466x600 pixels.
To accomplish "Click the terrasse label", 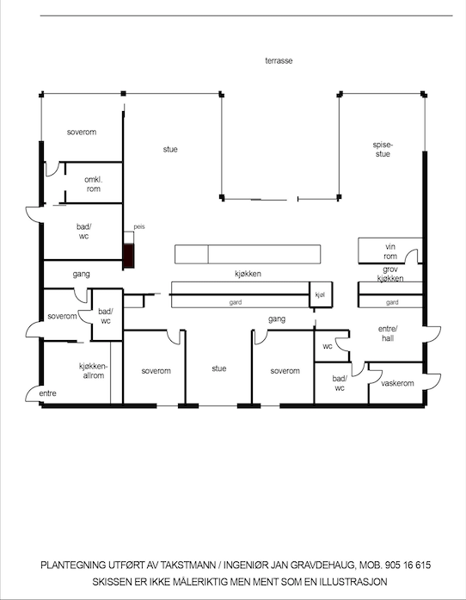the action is tap(279, 60).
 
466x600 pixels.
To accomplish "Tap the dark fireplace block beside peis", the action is tap(128, 256).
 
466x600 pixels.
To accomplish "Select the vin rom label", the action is tap(390, 251).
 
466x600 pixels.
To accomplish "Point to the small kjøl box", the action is tap(321, 294).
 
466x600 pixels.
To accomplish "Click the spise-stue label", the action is tap(383, 149).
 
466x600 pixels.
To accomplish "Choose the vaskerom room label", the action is tap(397, 383).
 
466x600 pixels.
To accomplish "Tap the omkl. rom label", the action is tap(94, 184).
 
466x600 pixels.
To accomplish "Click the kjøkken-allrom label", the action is tap(92, 371).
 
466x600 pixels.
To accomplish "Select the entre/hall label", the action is tap(388, 333).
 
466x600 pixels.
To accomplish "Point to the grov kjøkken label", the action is tap(390, 274).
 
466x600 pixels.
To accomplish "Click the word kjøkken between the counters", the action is tap(248, 274).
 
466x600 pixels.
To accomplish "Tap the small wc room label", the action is tap(328, 346).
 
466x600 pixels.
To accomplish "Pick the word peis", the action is tap(139, 226).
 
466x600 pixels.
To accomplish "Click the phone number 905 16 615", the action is tap(408, 565).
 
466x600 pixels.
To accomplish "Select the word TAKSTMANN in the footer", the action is tap(187, 565).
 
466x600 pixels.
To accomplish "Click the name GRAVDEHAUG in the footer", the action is tap(322, 565).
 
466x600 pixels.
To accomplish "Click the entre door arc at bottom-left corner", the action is tap(32, 393).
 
